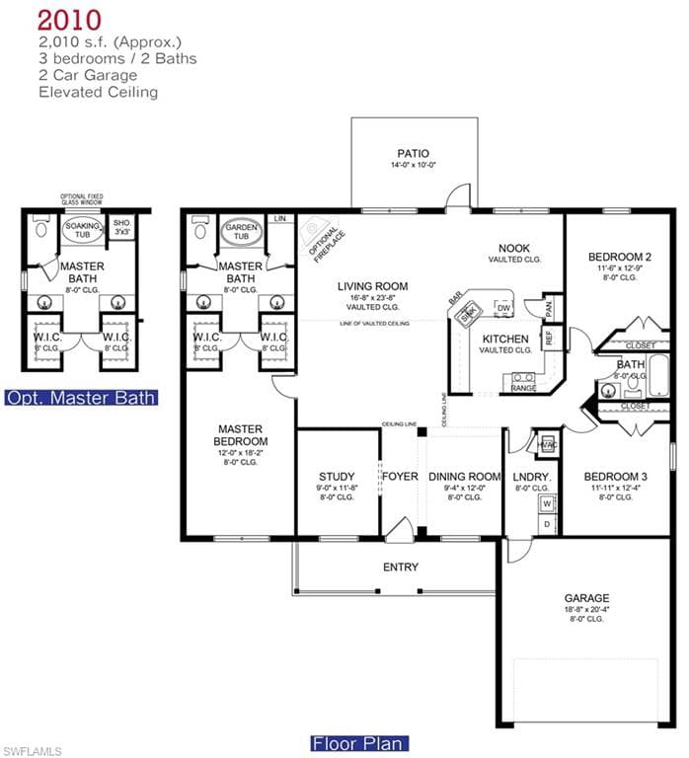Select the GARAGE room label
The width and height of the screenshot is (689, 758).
pos(585,597)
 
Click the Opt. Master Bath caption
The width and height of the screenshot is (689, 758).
pos(80,398)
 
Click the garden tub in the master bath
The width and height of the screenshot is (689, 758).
pos(242,233)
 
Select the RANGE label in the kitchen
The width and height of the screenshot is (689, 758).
pos(523,388)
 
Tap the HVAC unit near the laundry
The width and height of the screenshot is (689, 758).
pos(547,444)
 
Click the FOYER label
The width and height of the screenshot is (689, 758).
pos(401,476)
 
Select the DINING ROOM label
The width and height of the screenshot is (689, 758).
pos(464,476)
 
